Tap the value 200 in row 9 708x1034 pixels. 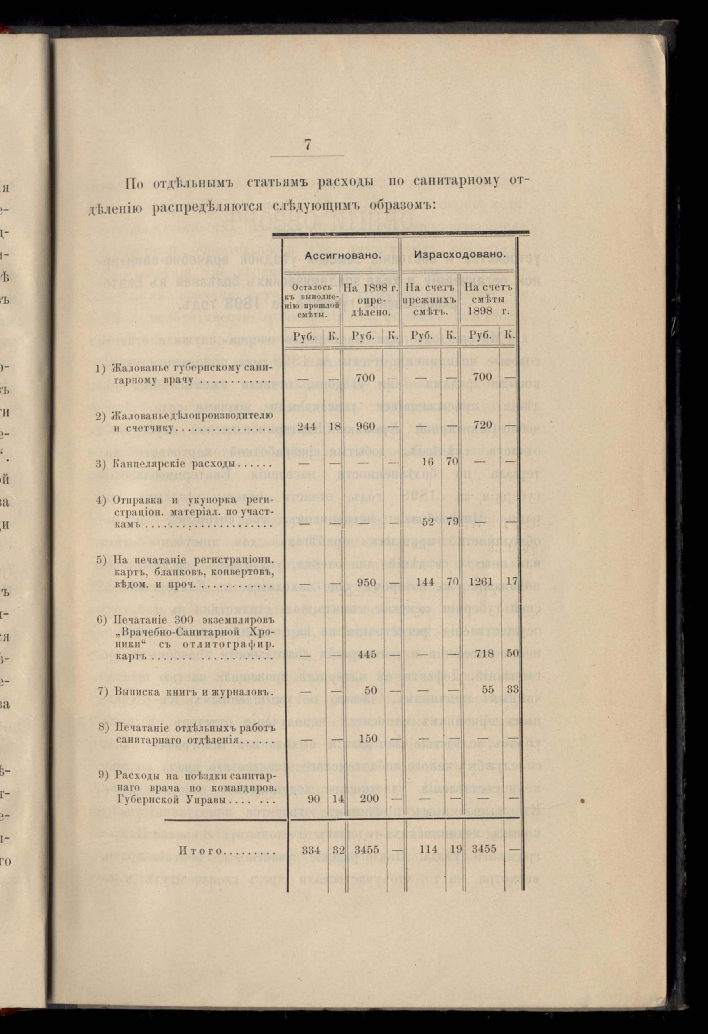tap(369, 799)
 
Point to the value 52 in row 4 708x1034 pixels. tap(428, 522)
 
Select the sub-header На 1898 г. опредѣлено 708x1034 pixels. tap(371, 299)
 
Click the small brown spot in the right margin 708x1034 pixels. tap(581, 801)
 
